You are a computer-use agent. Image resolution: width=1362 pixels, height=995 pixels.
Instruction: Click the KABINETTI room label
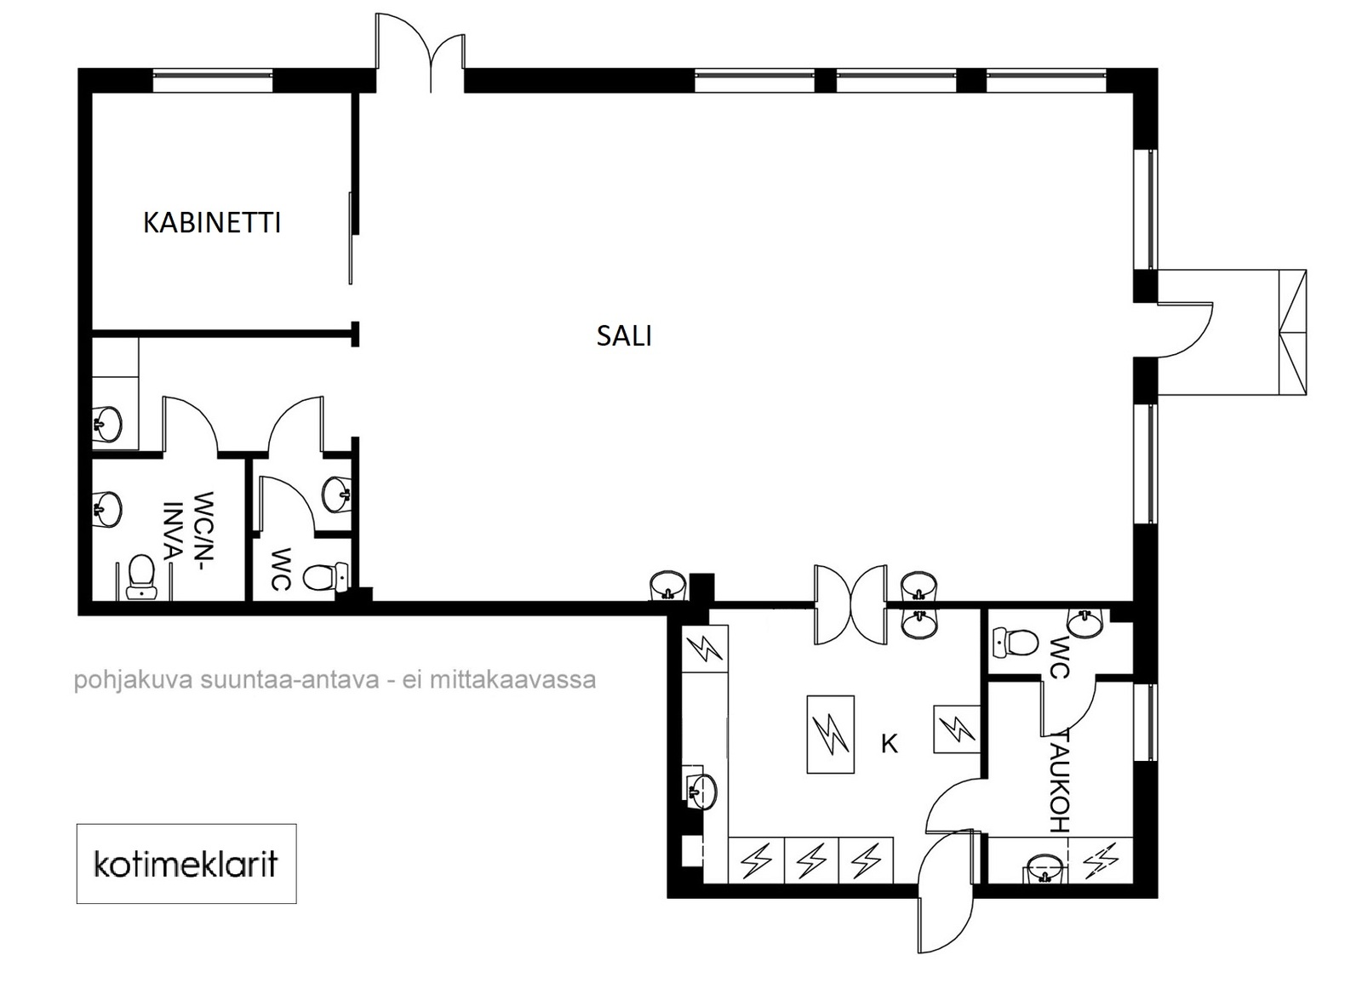pyautogui.click(x=212, y=222)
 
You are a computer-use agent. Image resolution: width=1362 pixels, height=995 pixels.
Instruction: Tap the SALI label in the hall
pyautogui.click(x=624, y=335)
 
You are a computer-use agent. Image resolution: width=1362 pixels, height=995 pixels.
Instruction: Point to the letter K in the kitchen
pyautogui.click(x=889, y=743)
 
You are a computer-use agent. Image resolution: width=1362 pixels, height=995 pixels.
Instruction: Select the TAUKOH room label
pyautogui.click(x=1059, y=781)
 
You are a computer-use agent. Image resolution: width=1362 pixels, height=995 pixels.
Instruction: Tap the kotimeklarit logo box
pyautogui.click(x=186, y=863)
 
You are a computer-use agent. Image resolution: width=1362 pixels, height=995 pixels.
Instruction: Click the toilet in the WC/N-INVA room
pyautogui.click(x=141, y=576)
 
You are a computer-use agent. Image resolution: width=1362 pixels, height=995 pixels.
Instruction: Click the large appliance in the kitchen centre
pyautogui.click(x=830, y=735)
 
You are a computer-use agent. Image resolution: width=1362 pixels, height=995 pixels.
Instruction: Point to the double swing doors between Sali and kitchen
pyautogui.click(x=850, y=603)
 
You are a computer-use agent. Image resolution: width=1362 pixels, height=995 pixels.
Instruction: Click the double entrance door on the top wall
pyautogui.click(x=421, y=53)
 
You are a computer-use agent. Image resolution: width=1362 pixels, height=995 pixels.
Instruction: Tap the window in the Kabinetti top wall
pyautogui.click(x=212, y=80)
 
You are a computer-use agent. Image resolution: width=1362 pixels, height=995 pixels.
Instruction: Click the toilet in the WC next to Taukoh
pyautogui.click(x=1015, y=642)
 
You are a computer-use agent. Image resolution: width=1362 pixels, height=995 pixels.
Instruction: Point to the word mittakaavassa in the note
pyautogui.click(x=512, y=679)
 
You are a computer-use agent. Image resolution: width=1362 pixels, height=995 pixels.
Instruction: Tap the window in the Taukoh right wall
pyautogui.click(x=1146, y=722)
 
